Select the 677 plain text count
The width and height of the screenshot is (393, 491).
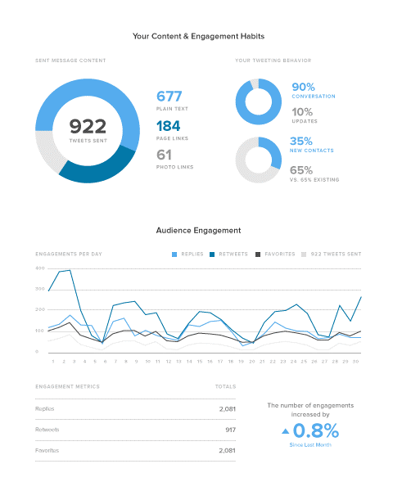point(169,96)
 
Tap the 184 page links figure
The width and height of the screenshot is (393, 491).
point(169,126)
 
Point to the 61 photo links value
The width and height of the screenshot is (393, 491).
point(165,155)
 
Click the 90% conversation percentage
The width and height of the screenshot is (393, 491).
point(303,87)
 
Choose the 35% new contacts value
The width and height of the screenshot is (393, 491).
point(302,141)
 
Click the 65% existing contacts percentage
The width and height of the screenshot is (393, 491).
point(302,170)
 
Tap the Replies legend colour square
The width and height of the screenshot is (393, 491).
point(174,255)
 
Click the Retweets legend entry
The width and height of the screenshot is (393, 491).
point(230,255)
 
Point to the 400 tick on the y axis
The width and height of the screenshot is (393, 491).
point(39,268)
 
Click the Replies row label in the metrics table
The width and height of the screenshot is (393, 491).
point(45,408)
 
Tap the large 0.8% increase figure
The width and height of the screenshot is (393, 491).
point(317,430)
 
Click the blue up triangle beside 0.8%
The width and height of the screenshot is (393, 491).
point(285,430)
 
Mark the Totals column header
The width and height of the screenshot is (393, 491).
point(225,385)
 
